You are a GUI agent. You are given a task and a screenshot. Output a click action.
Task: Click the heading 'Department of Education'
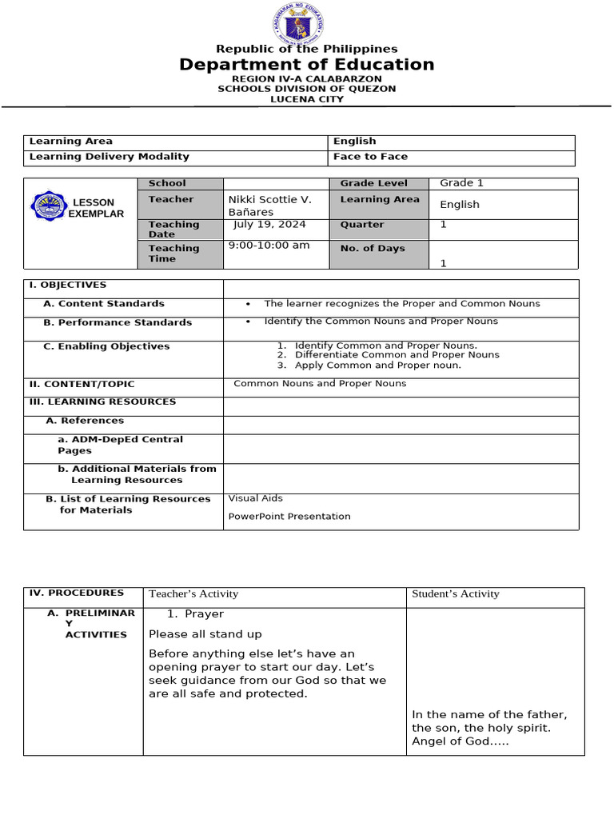pos(307,65)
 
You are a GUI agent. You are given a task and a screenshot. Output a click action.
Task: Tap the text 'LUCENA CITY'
pos(307,99)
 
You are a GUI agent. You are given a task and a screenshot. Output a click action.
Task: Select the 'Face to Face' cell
pos(370,157)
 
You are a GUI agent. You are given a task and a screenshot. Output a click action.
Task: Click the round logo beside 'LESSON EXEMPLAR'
pos(49,206)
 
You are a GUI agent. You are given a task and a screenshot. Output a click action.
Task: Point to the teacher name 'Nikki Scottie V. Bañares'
pos(270,206)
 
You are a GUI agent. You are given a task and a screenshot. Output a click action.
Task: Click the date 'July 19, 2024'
pos(270,225)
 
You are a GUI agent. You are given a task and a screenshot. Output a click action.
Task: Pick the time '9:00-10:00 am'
pos(269,246)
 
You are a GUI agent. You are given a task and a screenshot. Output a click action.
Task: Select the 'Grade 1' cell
pos(461,183)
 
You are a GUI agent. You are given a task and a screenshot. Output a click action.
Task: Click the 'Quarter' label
pos(362,225)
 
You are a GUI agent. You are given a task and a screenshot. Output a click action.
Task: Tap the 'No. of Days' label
pos(373,249)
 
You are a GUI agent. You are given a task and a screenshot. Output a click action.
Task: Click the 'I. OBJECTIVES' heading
pos(67,285)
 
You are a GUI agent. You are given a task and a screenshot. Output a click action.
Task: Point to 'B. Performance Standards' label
pos(118,322)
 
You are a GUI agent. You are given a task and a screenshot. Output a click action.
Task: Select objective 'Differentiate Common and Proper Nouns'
pos(397,354)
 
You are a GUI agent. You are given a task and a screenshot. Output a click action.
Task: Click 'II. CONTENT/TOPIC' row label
pos(82,384)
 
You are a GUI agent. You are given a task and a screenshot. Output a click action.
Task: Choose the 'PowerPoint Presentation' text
pos(289,517)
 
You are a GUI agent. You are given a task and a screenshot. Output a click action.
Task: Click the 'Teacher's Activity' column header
pos(193,593)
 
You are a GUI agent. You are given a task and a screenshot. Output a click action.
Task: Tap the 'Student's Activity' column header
pos(455,593)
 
